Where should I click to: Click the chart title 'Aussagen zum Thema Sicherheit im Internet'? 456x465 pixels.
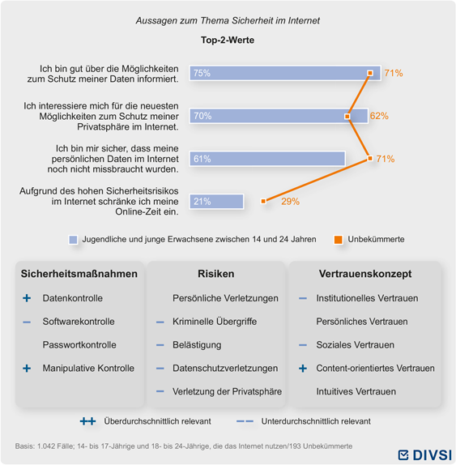coord(228,21)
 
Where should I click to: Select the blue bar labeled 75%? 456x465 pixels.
coord(285,73)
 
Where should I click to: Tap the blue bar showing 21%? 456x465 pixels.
coord(216,202)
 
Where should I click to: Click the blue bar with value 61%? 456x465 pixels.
coord(267,159)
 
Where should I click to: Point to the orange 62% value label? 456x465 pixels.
coord(379,116)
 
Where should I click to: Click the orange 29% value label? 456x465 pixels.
coord(290,202)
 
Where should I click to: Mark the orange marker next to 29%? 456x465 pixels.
coord(263,202)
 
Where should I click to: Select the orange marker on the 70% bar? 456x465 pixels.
coord(347,117)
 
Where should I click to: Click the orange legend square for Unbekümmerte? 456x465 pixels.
coord(339,240)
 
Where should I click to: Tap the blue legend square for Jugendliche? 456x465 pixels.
coord(73,240)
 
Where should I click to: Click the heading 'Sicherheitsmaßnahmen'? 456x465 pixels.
coord(79,274)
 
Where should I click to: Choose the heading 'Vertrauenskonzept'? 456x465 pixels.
coord(365,274)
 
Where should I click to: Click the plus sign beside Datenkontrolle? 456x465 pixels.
coord(27,298)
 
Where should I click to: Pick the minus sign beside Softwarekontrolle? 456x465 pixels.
coord(27,322)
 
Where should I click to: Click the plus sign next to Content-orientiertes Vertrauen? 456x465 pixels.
coord(303,369)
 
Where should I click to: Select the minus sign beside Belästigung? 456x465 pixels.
coord(160,345)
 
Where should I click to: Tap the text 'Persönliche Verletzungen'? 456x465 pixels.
coord(225,298)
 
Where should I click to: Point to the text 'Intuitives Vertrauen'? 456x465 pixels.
coord(356,391)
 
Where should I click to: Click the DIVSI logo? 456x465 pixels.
coord(424,455)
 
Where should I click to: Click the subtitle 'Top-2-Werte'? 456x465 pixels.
coord(228,40)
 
